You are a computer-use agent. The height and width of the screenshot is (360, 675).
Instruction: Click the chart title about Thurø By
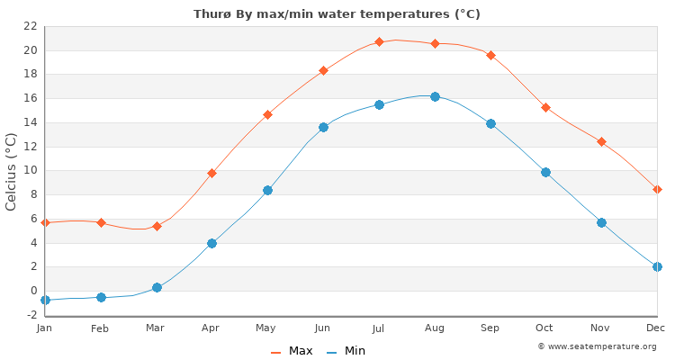[x=337, y=14]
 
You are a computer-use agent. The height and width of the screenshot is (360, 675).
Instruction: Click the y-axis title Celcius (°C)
[x=12, y=171]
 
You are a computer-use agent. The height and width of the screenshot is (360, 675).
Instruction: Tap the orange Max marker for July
[x=379, y=41]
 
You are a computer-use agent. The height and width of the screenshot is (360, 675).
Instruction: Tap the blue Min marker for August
[x=435, y=96]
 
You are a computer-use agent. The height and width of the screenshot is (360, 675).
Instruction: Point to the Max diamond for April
[x=211, y=173]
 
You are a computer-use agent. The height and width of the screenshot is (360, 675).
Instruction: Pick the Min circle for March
[x=157, y=287]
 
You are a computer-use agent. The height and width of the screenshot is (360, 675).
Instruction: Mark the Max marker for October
[x=545, y=107]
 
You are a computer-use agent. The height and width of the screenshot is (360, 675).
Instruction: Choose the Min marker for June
[x=323, y=127]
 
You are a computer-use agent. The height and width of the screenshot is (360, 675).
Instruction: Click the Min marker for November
[x=601, y=222]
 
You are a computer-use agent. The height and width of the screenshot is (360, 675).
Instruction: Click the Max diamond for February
[x=101, y=222]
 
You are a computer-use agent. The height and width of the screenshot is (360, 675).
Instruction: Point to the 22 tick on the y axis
[x=30, y=26]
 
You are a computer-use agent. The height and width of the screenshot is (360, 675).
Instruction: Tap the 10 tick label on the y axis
[x=30, y=170]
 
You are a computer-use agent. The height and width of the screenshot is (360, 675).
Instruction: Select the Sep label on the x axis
[x=490, y=328]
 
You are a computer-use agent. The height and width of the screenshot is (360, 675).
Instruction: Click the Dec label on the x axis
[x=656, y=328]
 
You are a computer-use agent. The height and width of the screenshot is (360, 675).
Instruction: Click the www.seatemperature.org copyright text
[x=597, y=346]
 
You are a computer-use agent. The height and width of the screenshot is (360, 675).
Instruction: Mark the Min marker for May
[x=267, y=190]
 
